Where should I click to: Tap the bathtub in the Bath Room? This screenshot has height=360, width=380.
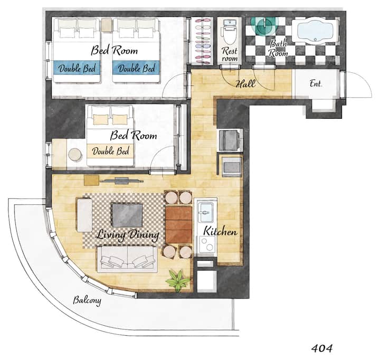click(315, 31)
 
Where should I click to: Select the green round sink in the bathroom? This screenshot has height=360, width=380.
click(264, 26)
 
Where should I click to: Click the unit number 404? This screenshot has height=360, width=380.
click(321, 348)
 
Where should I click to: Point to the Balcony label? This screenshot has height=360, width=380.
click(87, 300)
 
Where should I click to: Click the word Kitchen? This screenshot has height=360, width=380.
click(220, 231)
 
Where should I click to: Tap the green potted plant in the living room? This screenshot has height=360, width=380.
click(178, 281)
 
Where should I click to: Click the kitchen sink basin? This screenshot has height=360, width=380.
click(206, 212)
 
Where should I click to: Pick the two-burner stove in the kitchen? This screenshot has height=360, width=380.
click(207, 244)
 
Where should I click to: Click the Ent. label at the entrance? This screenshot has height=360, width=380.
click(316, 84)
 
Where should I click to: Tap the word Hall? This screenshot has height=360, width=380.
click(245, 84)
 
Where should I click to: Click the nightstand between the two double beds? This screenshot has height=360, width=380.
click(106, 25)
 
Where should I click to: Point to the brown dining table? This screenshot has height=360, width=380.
click(179, 224)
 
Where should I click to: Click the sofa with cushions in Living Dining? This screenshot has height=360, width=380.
click(127, 259)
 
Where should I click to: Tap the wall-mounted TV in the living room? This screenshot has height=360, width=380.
click(122, 181)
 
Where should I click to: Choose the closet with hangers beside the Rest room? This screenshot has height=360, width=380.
click(202, 41)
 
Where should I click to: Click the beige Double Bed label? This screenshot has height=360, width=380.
click(110, 151)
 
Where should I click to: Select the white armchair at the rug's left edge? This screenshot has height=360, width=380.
click(84, 215)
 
